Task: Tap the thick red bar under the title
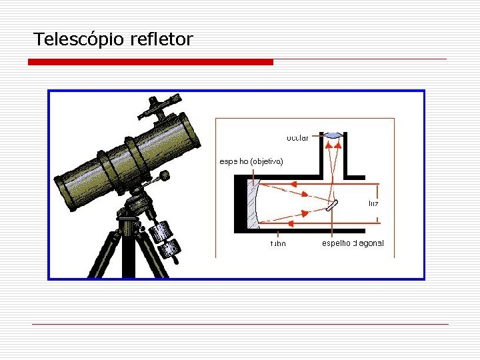click(151, 62)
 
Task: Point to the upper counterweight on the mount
click(161, 231)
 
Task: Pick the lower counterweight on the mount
click(169, 249)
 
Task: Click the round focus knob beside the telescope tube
click(163, 176)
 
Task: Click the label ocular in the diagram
click(297, 138)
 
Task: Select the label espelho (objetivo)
click(251, 161)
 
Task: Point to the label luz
click(373, 203)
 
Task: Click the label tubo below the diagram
click(278, 243)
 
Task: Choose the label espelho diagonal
click(353, 243)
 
